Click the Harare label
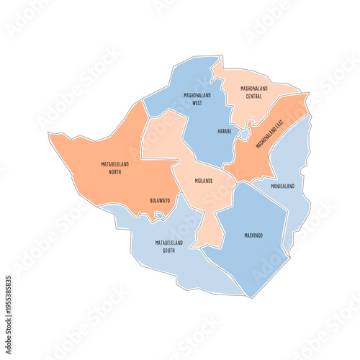click(225, 132)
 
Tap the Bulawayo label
click(160, 200)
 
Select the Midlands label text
click(204, 181)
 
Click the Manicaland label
click(282, 186)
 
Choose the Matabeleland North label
click(115, 168)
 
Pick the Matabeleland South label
click(169, 246)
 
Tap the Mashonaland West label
click(192, 99)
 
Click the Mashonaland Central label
click(253, 92)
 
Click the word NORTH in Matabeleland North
click(115, 173)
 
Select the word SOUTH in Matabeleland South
click(169, 251)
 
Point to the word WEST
click(197, 103)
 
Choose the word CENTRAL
click(253, 96)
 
